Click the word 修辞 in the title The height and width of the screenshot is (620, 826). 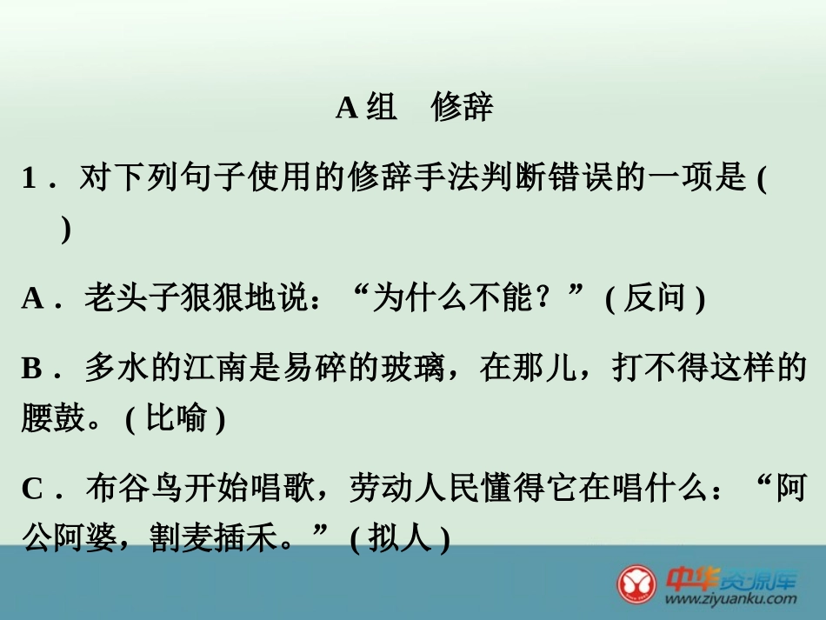pos(462,107)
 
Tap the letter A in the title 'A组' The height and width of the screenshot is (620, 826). pos(346,108)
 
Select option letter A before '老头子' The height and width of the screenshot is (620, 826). pos(33,299)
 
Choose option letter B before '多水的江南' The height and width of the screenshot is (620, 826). pos(32,370)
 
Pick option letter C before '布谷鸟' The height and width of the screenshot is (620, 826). pos(33,490)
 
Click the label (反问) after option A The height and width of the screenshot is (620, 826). pos(655,299)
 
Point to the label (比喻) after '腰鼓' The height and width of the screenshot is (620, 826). pos(175,419)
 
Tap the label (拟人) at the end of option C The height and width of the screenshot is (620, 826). pos(399,540)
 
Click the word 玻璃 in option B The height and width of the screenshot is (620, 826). pos(415,370)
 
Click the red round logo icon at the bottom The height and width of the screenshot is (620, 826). pos(637,583)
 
